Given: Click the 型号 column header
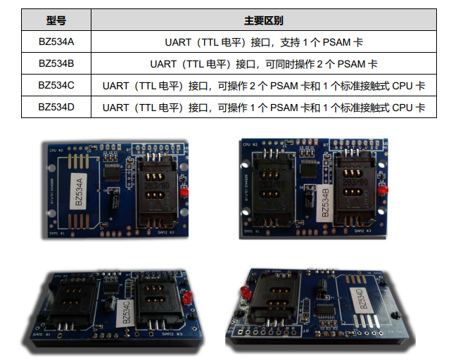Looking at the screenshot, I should click(56, 22).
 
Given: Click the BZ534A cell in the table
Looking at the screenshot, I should click(56, 42).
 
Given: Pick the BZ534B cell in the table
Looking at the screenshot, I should click(56, 64).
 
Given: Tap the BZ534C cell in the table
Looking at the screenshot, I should click(56, 86).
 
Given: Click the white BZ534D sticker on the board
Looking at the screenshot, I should click(360, 300).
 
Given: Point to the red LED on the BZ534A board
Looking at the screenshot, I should click(182, 191).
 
